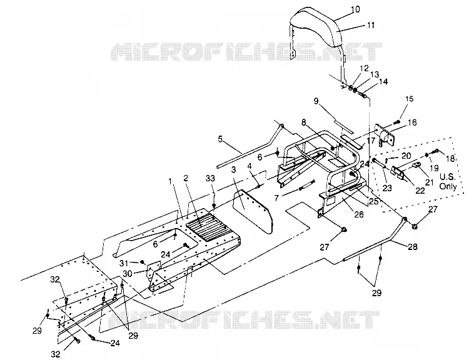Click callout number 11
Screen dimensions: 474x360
coord(371,25)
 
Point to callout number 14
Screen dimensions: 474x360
coord(383,81)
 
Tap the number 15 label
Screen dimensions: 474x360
coord(410,99)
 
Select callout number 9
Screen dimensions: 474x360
coord(316,101)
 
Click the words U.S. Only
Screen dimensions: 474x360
coord(448,181)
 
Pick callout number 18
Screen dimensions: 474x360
coord(450,158)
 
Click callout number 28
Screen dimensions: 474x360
coord(413,247)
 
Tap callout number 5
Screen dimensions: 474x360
coord(220,139)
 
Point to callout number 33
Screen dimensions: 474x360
coord(210,178)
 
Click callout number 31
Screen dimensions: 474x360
coord(124,263)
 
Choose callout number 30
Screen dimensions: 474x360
coord(128,274)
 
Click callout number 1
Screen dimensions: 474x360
coord(170,181)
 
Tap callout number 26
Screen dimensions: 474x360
coord(359,214)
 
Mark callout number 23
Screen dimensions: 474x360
coord(387,188)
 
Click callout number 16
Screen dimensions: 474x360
coord(412,122)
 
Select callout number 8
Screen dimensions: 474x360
coord(303,122)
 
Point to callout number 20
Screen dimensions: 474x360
coord(406,156)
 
